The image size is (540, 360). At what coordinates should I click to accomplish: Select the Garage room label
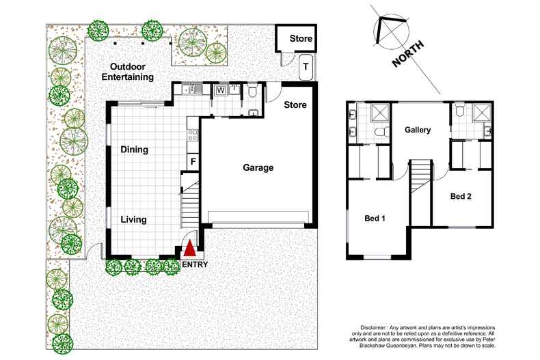256,167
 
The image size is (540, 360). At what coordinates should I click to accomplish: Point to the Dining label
135,150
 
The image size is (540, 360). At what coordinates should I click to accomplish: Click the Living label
134,219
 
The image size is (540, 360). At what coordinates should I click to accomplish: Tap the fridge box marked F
193,162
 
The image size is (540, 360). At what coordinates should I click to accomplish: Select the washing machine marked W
221,89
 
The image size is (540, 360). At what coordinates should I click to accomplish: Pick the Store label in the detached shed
300,39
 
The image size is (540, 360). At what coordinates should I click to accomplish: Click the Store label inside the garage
295,105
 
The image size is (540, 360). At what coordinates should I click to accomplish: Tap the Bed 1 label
375,219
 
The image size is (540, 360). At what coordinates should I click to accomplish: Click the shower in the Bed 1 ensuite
380,113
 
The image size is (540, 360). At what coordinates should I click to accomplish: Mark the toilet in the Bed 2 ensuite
460,109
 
